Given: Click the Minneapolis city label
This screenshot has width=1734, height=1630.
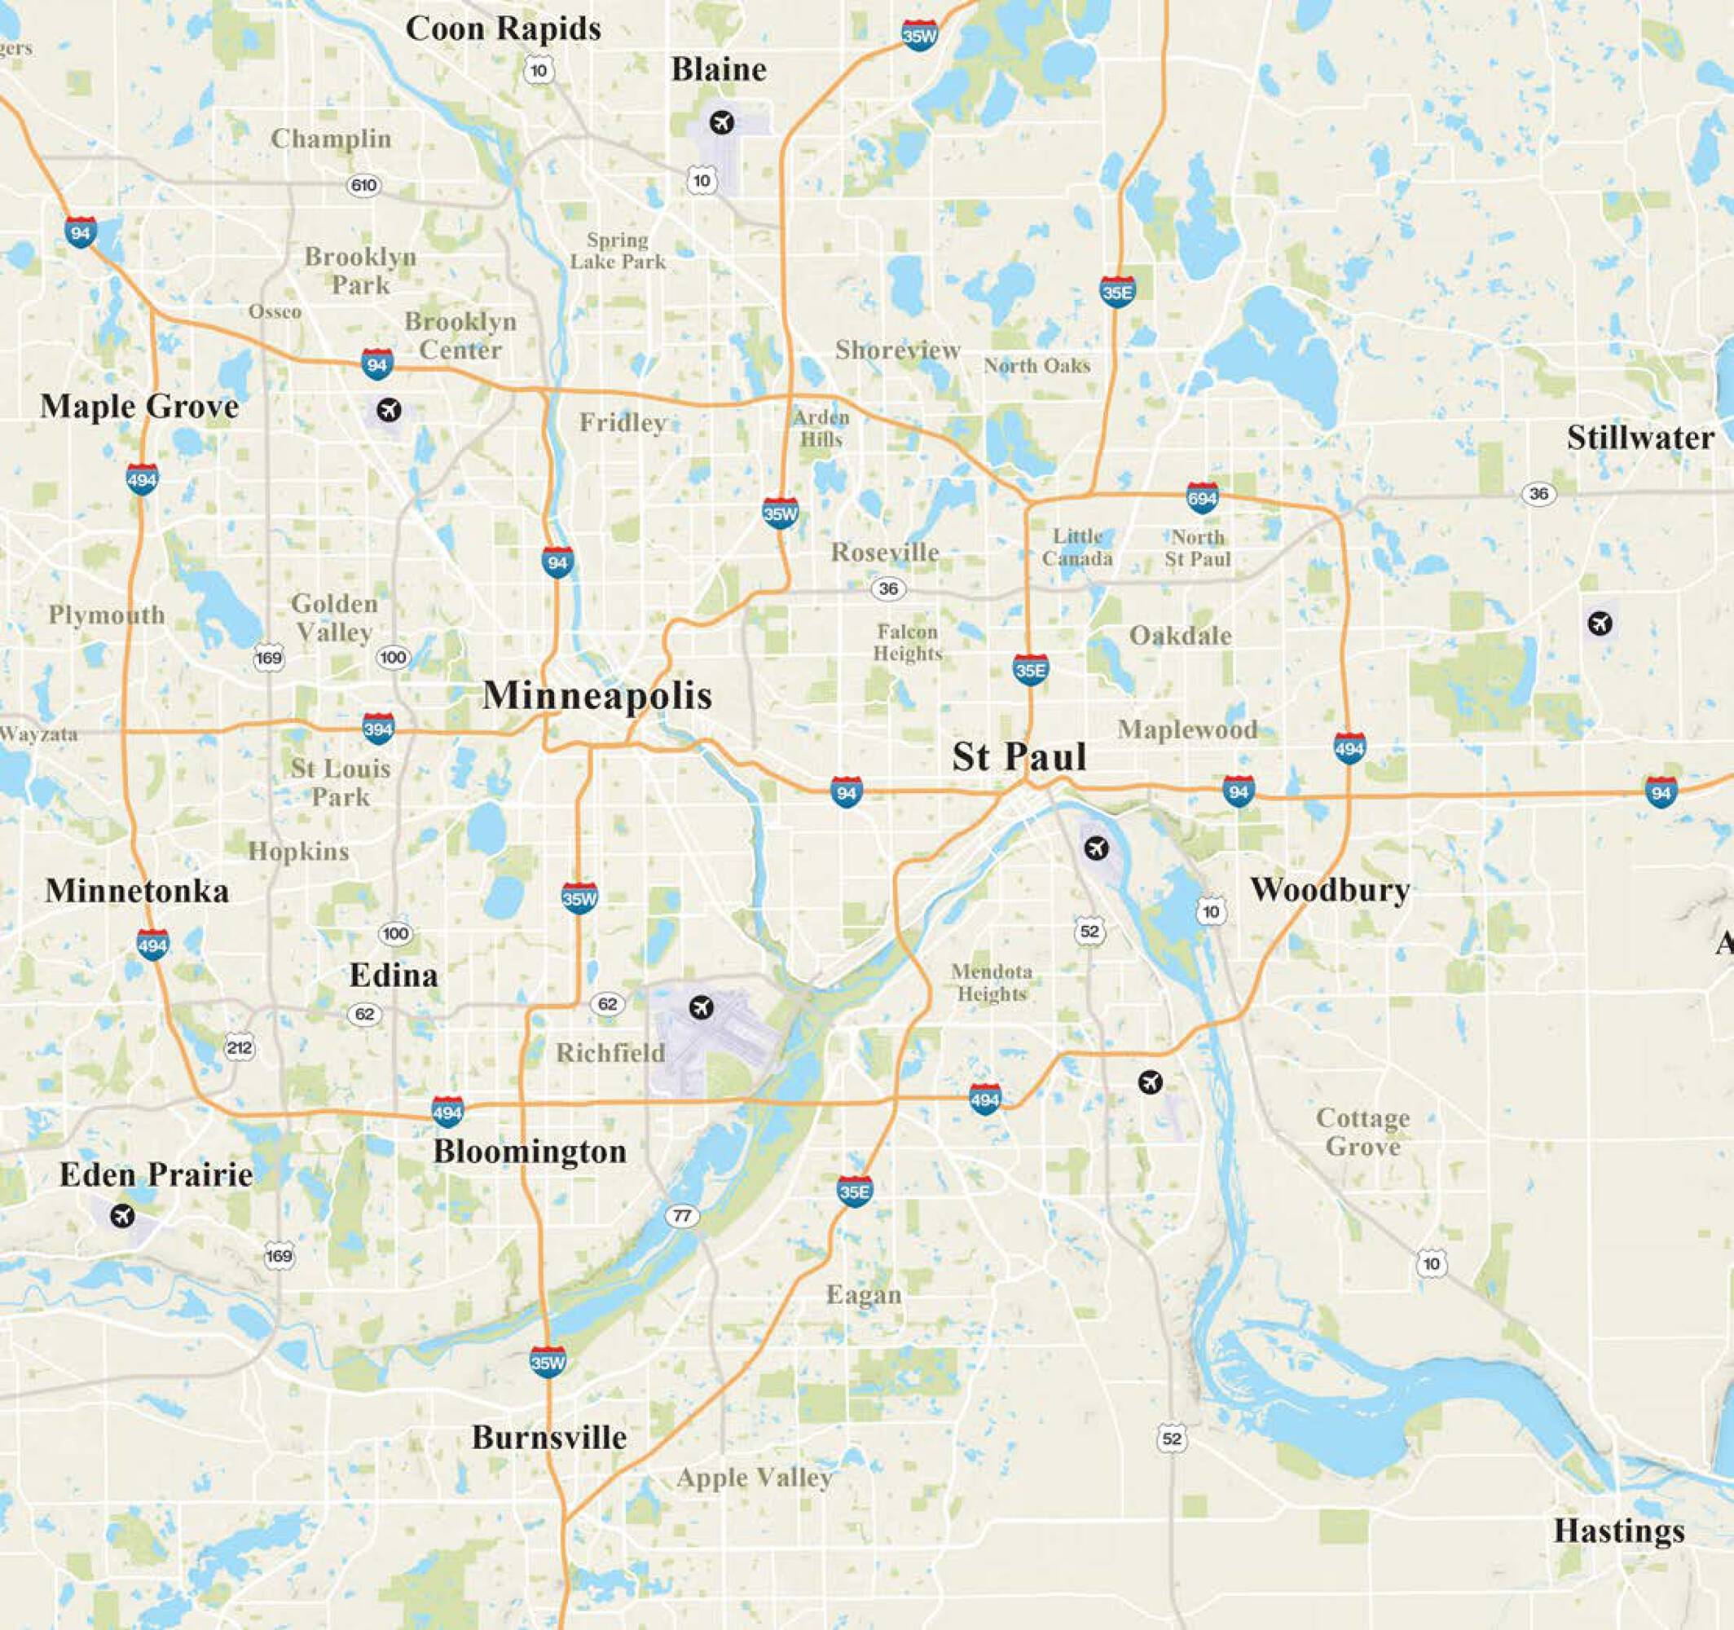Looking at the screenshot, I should tap(597, 695).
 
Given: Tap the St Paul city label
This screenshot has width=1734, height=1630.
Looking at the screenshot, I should tap(1019, 756).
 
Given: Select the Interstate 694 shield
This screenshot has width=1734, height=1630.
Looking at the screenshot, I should tap(1202, 497).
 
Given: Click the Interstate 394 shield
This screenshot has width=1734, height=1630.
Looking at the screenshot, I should tap(377, 728).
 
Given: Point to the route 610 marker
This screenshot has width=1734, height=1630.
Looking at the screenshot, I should tap(363, 185).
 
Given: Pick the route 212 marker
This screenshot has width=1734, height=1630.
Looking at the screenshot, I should tap(239, 1047).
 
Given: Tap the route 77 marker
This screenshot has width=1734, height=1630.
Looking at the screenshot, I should tap(682, 1215).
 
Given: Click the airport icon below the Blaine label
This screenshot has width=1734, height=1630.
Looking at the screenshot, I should tap(721, 122).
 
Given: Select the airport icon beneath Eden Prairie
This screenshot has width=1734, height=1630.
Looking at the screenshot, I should tap(122, 1214).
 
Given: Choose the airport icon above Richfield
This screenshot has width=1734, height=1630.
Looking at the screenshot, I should tap(701, 1008).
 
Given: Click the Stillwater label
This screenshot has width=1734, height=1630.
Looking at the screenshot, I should tap(1639, 438).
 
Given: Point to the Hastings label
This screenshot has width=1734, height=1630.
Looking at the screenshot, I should tap(1619, 1531).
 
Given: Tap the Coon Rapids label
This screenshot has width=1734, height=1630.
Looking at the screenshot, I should tap(504, 29).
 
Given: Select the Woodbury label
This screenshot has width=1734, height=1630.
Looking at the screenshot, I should tap(1330, 890).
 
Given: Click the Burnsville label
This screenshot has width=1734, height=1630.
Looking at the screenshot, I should tap(549, 1437).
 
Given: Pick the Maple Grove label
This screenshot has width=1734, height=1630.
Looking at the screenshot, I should tap(139, 407).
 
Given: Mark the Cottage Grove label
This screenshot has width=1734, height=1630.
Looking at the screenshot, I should tap(1363, 1132).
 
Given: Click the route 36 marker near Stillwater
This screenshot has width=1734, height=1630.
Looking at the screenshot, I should tap(1538, 494).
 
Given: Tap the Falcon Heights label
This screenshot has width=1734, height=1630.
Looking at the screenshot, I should tap(908, 642).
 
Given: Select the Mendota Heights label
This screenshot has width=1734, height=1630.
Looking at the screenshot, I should tap(992, 983).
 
